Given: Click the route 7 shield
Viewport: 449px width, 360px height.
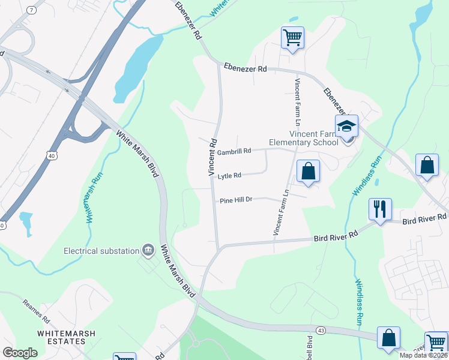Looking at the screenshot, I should tap(31, 11).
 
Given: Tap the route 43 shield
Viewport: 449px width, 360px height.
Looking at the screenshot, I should tap(321, 331).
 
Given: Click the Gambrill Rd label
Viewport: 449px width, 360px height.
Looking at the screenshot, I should tap(234, 152).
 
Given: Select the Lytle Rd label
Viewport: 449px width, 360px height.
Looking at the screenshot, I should tap(229, 176).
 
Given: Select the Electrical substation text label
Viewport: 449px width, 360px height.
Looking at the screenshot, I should tap(101, 250).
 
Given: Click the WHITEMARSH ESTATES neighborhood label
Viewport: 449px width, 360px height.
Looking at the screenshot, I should tap(62, 337).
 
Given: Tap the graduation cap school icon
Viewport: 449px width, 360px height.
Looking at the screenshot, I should tap(346, 127).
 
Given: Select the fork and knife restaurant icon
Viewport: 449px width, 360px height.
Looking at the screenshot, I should tap(380, 209).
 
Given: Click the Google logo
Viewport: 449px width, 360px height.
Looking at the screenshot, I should tap(20, 353).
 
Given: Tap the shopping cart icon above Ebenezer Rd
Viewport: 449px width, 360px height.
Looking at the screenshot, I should tap(292, 38).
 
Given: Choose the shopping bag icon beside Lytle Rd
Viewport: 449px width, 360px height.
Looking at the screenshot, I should tap(308, 170).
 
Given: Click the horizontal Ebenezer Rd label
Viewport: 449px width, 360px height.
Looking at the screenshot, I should tap(245, 69).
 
